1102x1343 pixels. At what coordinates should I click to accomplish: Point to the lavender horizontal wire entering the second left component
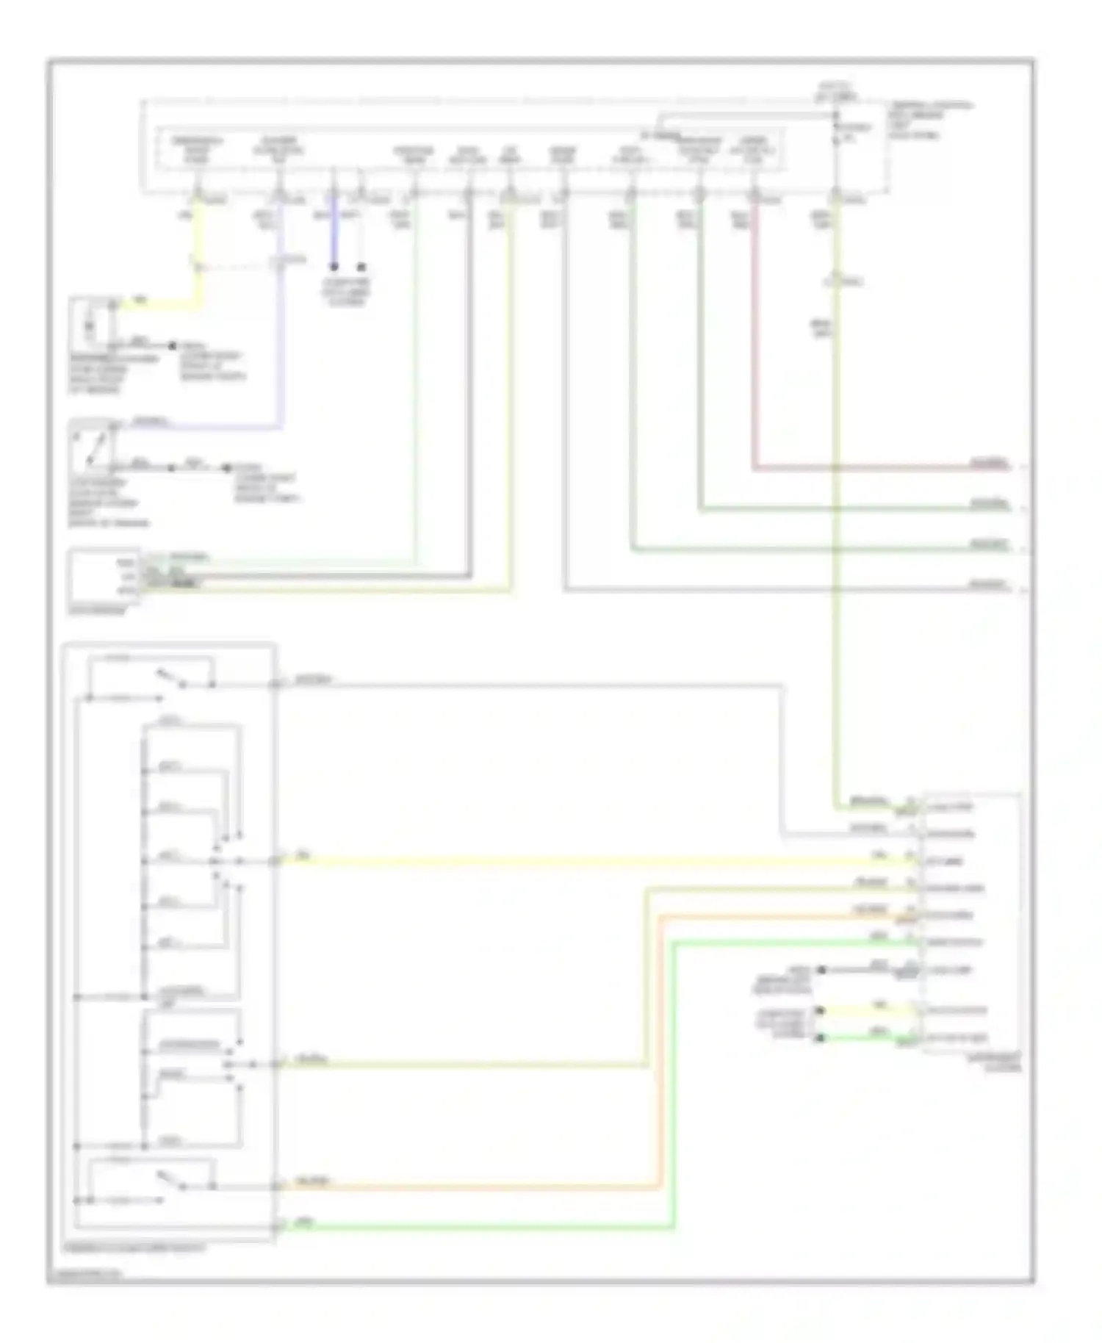206,426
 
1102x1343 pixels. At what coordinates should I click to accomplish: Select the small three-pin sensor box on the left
103,576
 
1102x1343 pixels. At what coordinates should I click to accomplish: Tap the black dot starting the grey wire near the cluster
821,970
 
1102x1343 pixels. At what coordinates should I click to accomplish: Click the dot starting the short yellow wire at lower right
820,1011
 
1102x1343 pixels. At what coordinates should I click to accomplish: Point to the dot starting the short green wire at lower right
820,1037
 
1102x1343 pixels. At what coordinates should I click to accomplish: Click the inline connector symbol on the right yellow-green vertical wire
835,281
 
